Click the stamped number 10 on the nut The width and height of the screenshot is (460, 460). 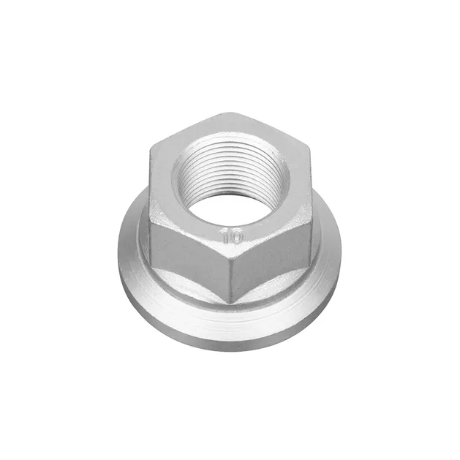(233, 235)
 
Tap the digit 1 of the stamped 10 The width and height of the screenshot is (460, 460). (227, 235)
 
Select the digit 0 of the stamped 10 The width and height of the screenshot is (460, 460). (238, 235)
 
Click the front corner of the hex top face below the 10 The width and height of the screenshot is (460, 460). (231, 249)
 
